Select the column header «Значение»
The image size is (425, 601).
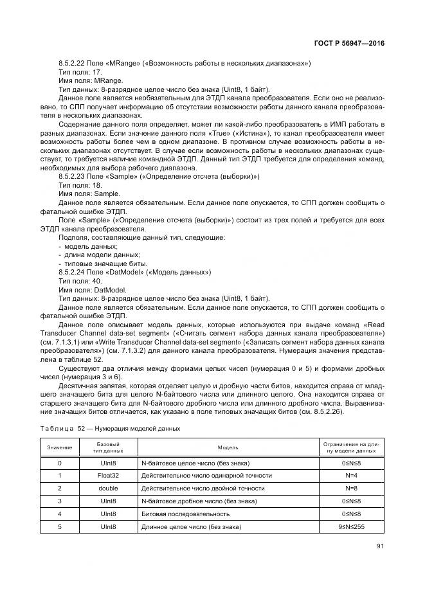tap(60, 447)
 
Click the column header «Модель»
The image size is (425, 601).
tap(228, 447)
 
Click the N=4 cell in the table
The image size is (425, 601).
tap(351, 475)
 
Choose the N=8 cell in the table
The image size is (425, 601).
tap(351, 488)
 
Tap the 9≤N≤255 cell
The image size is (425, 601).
tap(351, 526)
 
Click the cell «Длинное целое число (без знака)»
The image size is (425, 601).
tap(191, 526)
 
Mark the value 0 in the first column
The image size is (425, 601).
tap(60, 462)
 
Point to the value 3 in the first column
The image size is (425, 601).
tap(60, 501)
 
